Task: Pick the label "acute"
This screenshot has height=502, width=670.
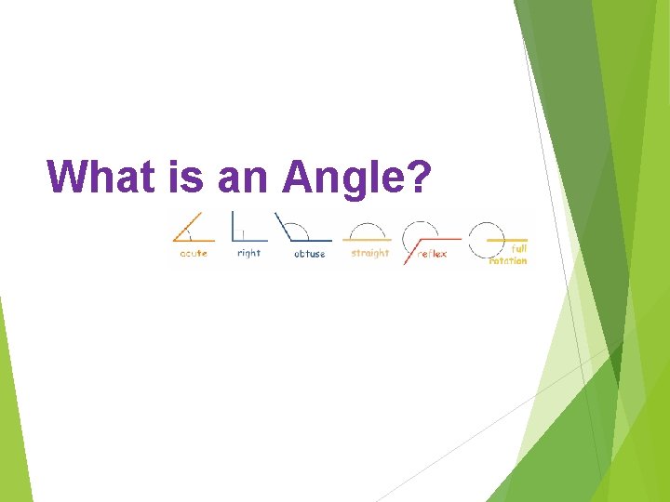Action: pyautogui.click(x=193, y=254)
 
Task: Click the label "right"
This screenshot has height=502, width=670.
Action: pyautogui.click(x=248, y=253)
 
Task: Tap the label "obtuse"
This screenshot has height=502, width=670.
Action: pyautogui.click(x=309, y=254)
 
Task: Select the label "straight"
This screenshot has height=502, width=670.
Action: pyautogui.click(x=369, y=253)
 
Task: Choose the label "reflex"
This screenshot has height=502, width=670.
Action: pyautogui.click(x=432, y=254)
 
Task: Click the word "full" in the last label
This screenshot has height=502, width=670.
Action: pyautogui.click(x=518, y=248)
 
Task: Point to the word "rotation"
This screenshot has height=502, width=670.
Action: pyautogui.click(x=508, y=260)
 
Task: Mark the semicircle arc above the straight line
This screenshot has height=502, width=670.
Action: pyautogui.click(x=368, y=229)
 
